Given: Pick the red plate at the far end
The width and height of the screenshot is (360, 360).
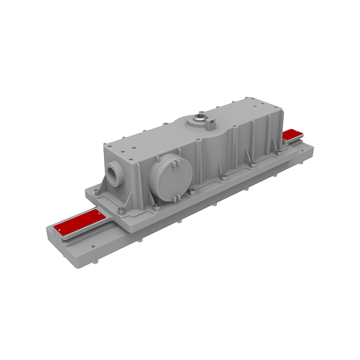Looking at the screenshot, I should pyautogui.click(x=293, y=135).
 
